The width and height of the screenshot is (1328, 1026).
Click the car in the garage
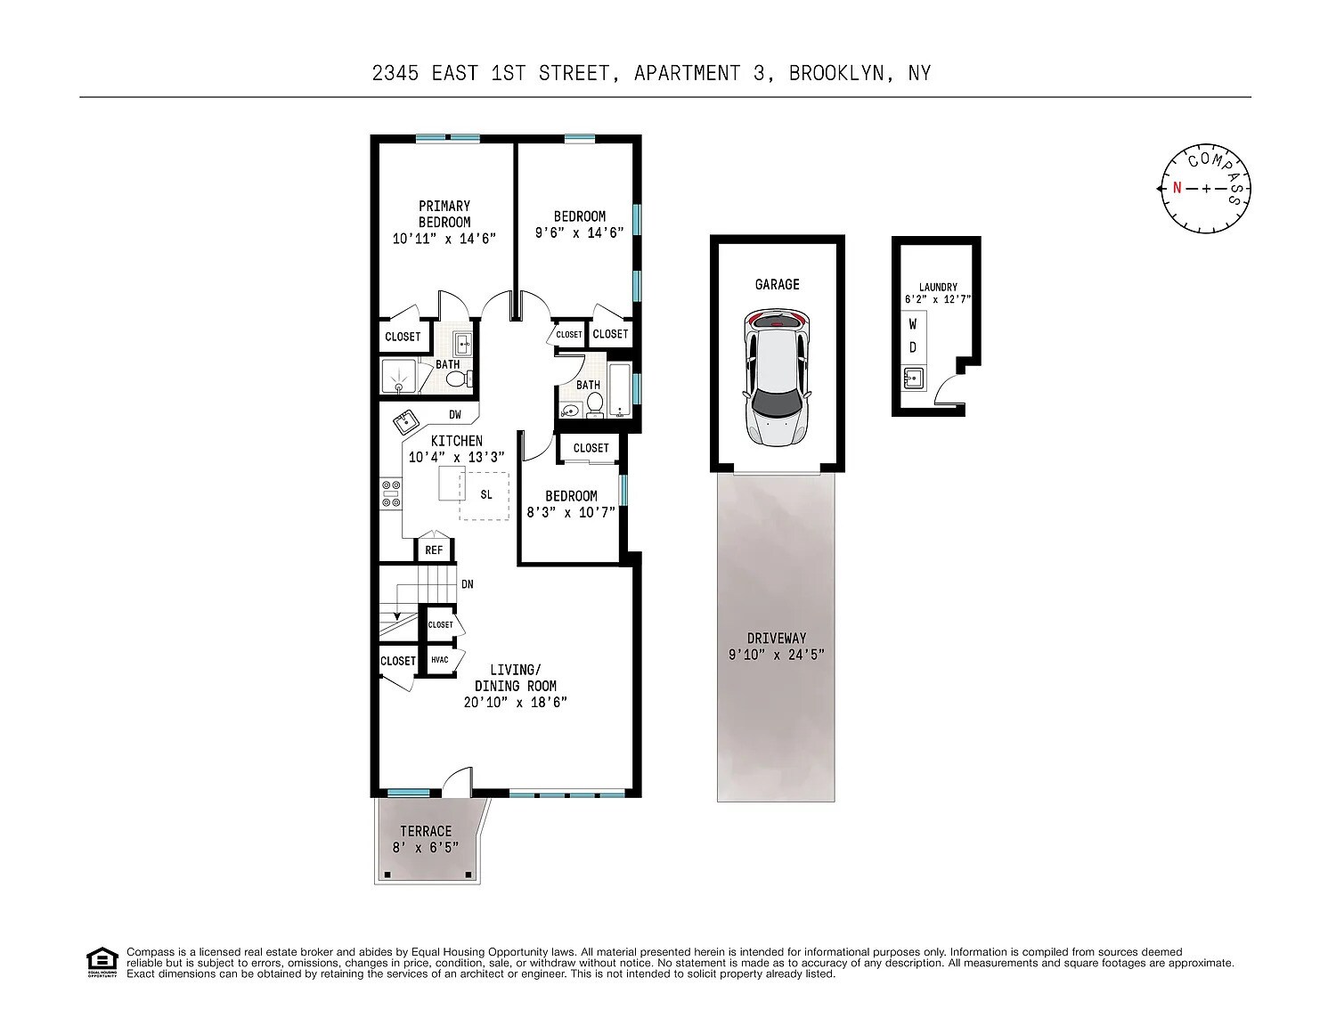[777, 378]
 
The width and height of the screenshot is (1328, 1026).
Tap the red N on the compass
[1177, 188]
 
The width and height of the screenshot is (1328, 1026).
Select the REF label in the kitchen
[434, 550]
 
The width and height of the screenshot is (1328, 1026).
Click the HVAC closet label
[439, 660]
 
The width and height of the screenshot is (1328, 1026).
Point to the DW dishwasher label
[455, 415]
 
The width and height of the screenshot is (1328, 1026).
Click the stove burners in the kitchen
[391, 494]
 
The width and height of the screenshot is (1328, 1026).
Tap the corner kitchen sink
[405, 421]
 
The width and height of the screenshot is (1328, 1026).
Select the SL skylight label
[486, 494]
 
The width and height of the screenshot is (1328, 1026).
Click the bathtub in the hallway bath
[620, 390]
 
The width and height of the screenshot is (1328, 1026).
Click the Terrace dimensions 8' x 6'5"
[426, 848]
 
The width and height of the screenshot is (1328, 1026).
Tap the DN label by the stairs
[468, 584]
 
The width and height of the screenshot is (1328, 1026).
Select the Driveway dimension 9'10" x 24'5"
[777, 655]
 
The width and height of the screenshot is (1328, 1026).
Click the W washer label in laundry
[913, 324]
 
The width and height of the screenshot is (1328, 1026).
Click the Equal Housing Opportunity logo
[102, 963]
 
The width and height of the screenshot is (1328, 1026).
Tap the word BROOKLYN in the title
[836, 73]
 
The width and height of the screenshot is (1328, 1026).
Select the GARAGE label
[778, 284]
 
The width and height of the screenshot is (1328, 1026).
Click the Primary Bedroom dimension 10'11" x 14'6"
[444, 239]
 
